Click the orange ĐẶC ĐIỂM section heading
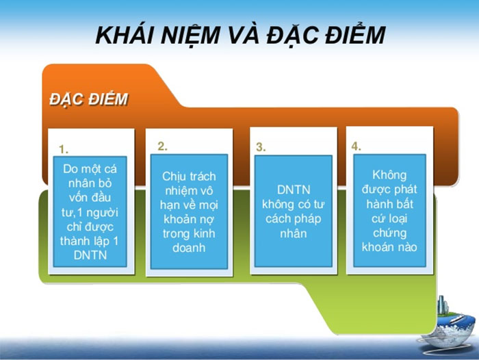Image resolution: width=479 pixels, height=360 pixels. [x=89, y=99]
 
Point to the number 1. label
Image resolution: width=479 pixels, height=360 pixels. [x=64, y=149]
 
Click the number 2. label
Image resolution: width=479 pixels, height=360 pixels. [x=162, y=146]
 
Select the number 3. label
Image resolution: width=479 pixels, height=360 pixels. [x=261, y=147]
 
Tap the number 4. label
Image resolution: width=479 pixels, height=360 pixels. [x=356, y=146]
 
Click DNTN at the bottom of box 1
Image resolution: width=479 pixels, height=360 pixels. [x=90, y=255]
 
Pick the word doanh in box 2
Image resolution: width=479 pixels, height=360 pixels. [x=189, y=248]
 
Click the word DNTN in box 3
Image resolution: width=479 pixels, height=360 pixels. [x=294, y=190]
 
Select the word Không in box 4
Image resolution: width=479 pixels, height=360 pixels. [x=389, y=175]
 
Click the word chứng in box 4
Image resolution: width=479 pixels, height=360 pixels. [x=389, y=233]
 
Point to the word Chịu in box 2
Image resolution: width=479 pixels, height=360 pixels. [x=172, y=177]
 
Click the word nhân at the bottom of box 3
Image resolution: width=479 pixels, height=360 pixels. [x=294, y=234]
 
